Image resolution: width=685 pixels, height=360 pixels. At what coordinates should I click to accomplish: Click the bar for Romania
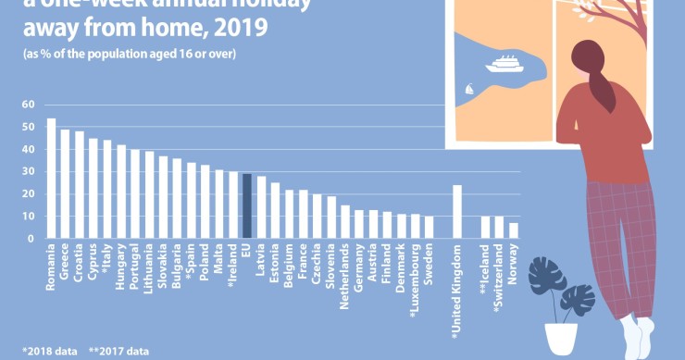coord(51,179)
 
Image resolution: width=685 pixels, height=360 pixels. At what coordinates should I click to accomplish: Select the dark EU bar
coord(247,206)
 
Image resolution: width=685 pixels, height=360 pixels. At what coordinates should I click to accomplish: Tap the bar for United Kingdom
coord(456,212)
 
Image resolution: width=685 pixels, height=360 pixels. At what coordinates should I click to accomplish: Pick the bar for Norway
coord(514,230)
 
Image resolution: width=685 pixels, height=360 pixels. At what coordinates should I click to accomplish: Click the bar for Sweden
coord(429,228)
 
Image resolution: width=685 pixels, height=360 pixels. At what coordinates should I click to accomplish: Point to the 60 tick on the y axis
coord(28,105)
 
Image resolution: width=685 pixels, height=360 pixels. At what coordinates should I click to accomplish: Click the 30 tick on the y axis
coord(28,172)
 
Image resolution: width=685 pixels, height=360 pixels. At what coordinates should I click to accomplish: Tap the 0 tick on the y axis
coord(31,239)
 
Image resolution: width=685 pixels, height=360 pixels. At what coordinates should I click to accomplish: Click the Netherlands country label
coord(345,271)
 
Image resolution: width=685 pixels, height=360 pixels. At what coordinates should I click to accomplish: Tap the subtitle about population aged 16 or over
coord(130,54)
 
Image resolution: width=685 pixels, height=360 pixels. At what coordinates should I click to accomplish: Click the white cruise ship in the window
coord(504,64)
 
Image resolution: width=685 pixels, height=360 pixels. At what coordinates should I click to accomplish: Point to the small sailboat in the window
coord(470,89)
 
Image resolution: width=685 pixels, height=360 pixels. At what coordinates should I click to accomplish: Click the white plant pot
coord(561,339)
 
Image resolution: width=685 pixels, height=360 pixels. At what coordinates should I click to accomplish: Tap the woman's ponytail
coord(602,88)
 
